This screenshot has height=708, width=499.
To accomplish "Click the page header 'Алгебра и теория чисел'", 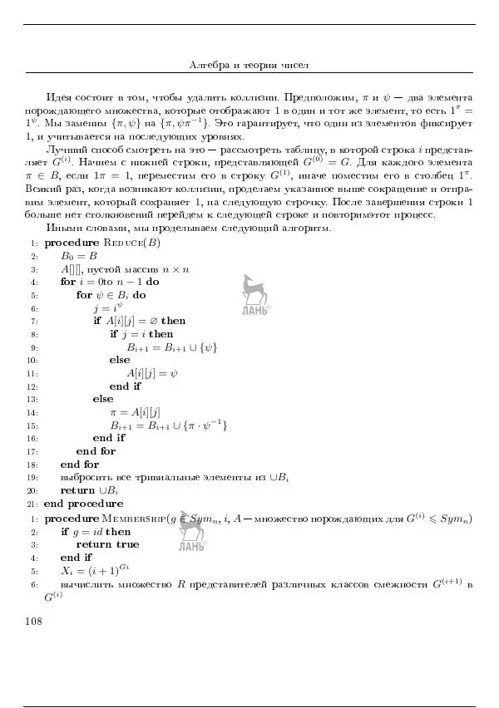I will [249, 65].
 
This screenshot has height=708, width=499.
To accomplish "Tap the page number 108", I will [37, 621].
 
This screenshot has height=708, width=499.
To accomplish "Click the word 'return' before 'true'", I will [94, 544].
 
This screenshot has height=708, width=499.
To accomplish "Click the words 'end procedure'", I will [83, 504].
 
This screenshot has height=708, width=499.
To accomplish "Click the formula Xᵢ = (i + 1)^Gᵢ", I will [96, 571].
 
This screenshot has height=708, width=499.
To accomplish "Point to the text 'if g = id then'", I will [96, 531].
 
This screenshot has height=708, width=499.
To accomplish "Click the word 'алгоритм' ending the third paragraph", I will [309, 228].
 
